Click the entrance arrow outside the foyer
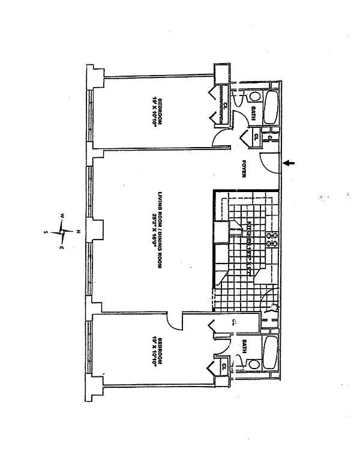[x=290, y=163]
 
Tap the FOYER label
[x=245, y=169]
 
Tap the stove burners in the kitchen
[x=273, y=239]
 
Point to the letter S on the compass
[x=47, y=230]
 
